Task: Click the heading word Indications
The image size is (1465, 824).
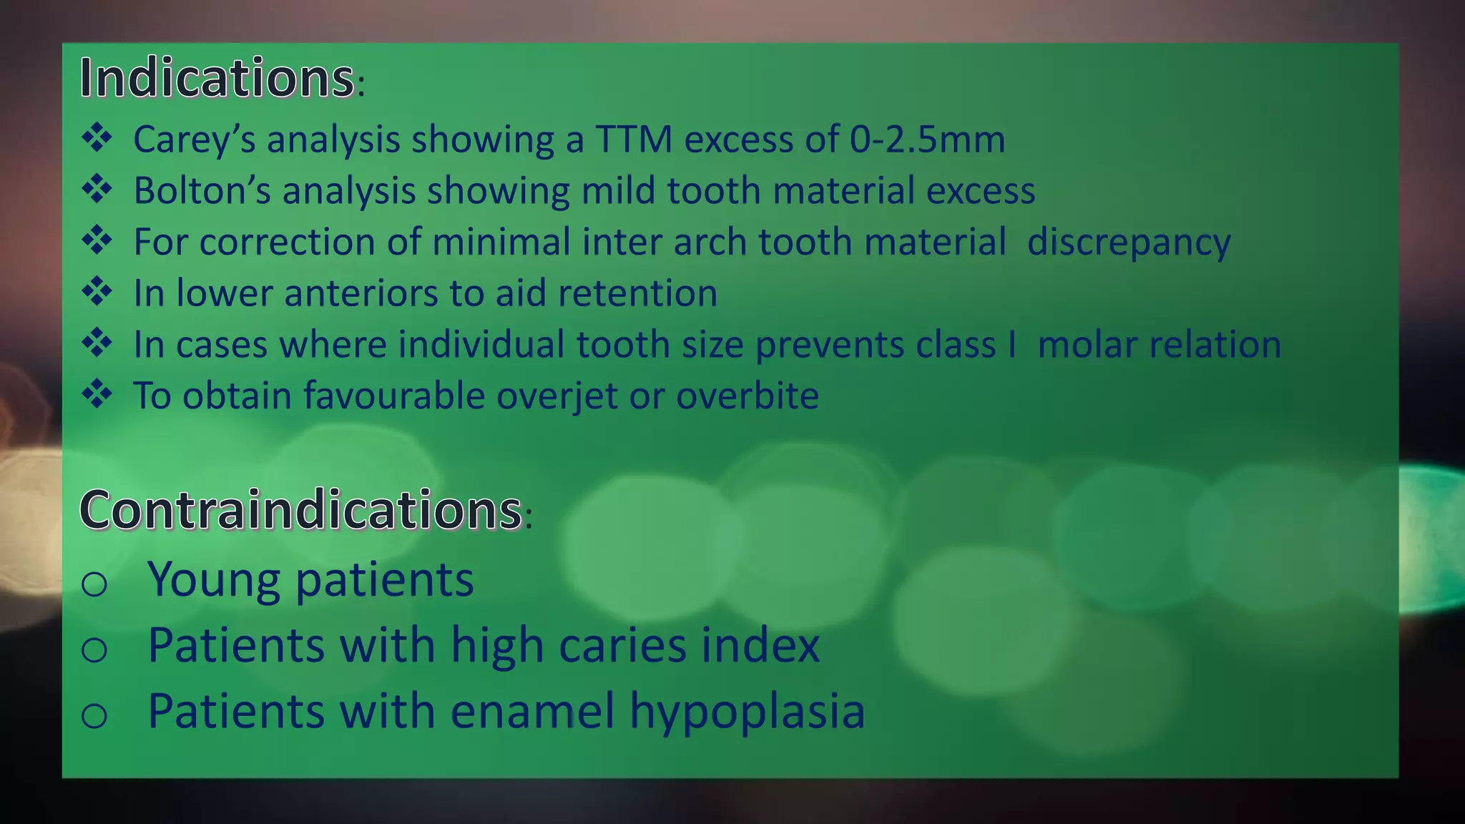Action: click(x=216, y=78)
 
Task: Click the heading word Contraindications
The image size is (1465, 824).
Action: click(x=300, y=510)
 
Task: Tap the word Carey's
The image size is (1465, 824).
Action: click(x=194, y=139)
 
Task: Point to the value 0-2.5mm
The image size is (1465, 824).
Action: click(x=927, y=139)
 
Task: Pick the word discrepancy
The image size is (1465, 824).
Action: click(x=1129, y=242)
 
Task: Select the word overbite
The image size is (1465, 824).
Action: click(x=747, y=396)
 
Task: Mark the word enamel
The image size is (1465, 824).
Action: click(x=532, y=711)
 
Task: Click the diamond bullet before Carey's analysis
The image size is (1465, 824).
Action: click(x=97, y=137)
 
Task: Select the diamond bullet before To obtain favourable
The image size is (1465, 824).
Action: click(x=97, y=394)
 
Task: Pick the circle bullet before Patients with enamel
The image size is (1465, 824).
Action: click(x=94, y=715)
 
